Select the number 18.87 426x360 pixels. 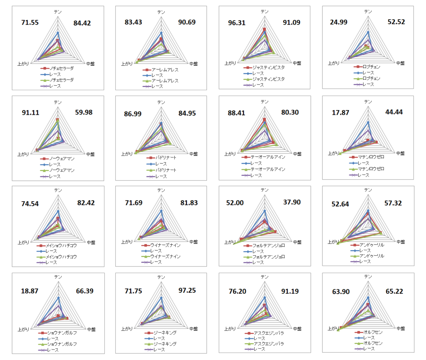pos(30,291)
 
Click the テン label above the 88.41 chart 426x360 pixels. pos(265,102)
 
